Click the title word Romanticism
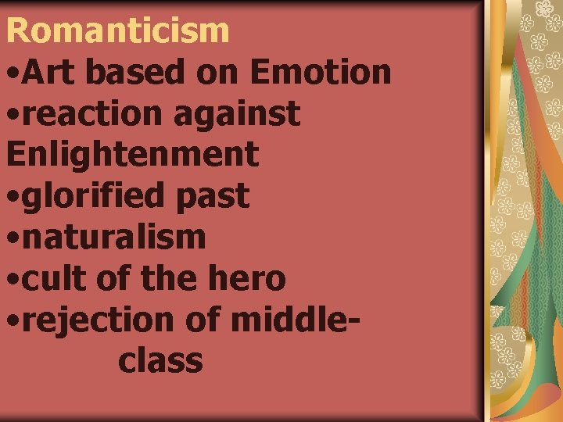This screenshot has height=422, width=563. pyautogui.click(x=117, y=30)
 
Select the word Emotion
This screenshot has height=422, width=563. pyautogui.click(x=321, y=72)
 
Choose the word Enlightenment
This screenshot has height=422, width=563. pyautogui.click(x=132, y=155)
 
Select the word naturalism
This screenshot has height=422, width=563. pyautogui.click(x=114, y=237)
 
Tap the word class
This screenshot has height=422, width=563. pyautogui.click(x=161, y=360)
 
